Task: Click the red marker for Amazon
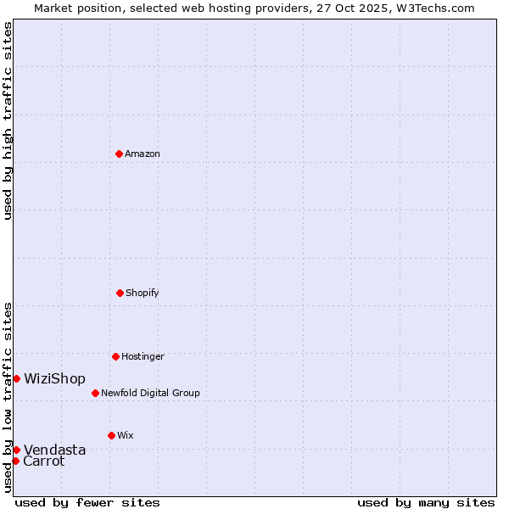point(119,154)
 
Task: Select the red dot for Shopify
point(120,293)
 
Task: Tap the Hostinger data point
point(115,356)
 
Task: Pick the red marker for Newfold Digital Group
point(95,393)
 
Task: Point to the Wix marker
point(111,435)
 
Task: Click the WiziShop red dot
point(16,378)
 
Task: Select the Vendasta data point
point(16,450)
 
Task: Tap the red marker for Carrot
point(15,461)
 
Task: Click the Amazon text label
point(143,154)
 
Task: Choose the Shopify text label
point(143,293)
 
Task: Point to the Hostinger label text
point(143,356)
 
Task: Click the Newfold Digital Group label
point(150,393)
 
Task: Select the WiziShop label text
point(54,378)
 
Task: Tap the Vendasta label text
point(54,450)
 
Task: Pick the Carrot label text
point(44,461)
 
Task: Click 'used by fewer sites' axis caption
point(87,502)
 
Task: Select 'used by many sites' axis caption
point(426,502)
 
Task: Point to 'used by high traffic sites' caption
point(8,120)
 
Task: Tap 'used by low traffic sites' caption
point(8,397)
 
